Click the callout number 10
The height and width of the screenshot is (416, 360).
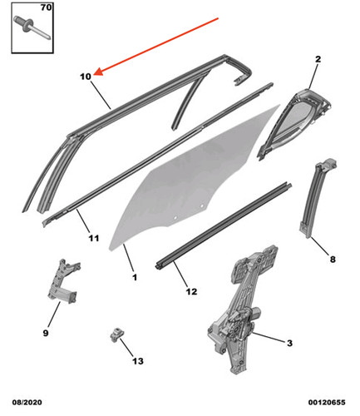coord(86,77)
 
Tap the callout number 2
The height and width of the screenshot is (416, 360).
coord(318,59)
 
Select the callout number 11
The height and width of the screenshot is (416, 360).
coord(94,238)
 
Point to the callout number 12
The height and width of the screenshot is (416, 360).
coord(191,291)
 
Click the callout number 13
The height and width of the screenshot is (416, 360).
coord(138,361)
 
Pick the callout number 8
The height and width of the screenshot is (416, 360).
coord(333,260)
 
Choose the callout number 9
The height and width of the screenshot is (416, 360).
coord(46,333)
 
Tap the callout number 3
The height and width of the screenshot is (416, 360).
coord(289,343)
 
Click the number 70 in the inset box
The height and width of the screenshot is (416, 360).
coord(46,7)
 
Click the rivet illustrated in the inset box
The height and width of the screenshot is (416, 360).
coord(32,27)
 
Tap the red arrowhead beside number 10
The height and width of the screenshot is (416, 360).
coord(98,72)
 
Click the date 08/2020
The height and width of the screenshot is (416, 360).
coord(27,403)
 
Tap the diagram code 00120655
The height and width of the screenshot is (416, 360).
coord(327,403)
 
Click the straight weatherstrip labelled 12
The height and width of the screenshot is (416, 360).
coord(223,225)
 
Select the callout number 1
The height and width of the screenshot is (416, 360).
coord(135,277)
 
